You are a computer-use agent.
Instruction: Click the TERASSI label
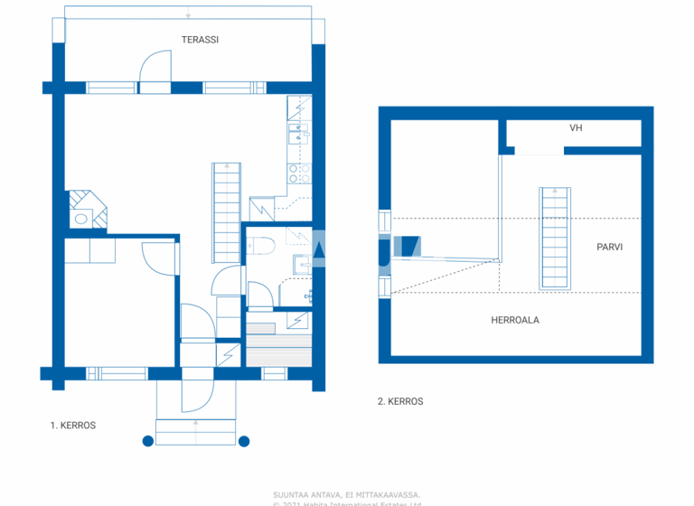tap(201, 40)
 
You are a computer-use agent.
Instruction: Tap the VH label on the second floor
tap(575, 128)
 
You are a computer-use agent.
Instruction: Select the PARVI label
tap(610, 247)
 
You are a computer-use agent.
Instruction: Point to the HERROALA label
tap(515, 320)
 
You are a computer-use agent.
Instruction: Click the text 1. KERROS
tap(72, 425)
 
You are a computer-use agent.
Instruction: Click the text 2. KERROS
tap(399, 401)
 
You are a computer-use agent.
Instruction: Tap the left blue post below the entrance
tap(147, 441)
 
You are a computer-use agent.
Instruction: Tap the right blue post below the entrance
tap(244, 441)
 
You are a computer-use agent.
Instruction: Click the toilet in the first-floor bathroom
tap(261, 244)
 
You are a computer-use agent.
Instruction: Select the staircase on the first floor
tap(226, 211)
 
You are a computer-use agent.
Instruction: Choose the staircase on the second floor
tap(555, 238)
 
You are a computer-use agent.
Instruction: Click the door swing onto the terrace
tap(155, 69)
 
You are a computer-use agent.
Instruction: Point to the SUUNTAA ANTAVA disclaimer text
tap(346, 494)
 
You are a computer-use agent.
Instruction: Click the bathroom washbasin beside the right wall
tap(301, 263)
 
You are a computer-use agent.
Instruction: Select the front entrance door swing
tap(196, 390)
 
